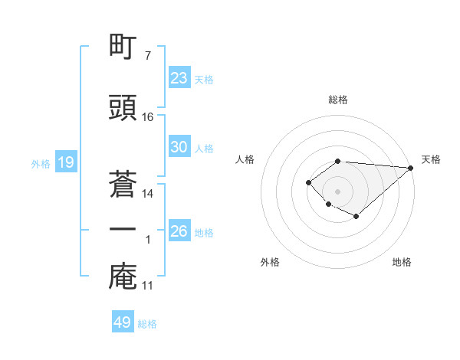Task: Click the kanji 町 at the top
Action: [123, 47]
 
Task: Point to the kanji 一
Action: [123, 230]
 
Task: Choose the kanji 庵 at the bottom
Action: [123, 277]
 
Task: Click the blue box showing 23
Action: [179, 78]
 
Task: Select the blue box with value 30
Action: [179, 147]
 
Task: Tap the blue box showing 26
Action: [179, 231]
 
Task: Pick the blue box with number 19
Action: [65, 162]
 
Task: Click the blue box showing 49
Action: [123, 322]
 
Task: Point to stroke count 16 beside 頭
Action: [148, 116]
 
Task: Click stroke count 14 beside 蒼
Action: [148, 193]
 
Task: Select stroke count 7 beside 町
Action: [147, 56]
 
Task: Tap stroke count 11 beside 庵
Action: [148, 286]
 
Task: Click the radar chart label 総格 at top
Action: [337, 100]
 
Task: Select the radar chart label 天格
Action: [431, 159]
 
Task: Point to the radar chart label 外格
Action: [270, 262]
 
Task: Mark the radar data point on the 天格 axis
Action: [411, 168]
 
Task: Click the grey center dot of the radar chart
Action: [337, 191]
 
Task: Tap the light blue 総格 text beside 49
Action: [147, 324]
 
